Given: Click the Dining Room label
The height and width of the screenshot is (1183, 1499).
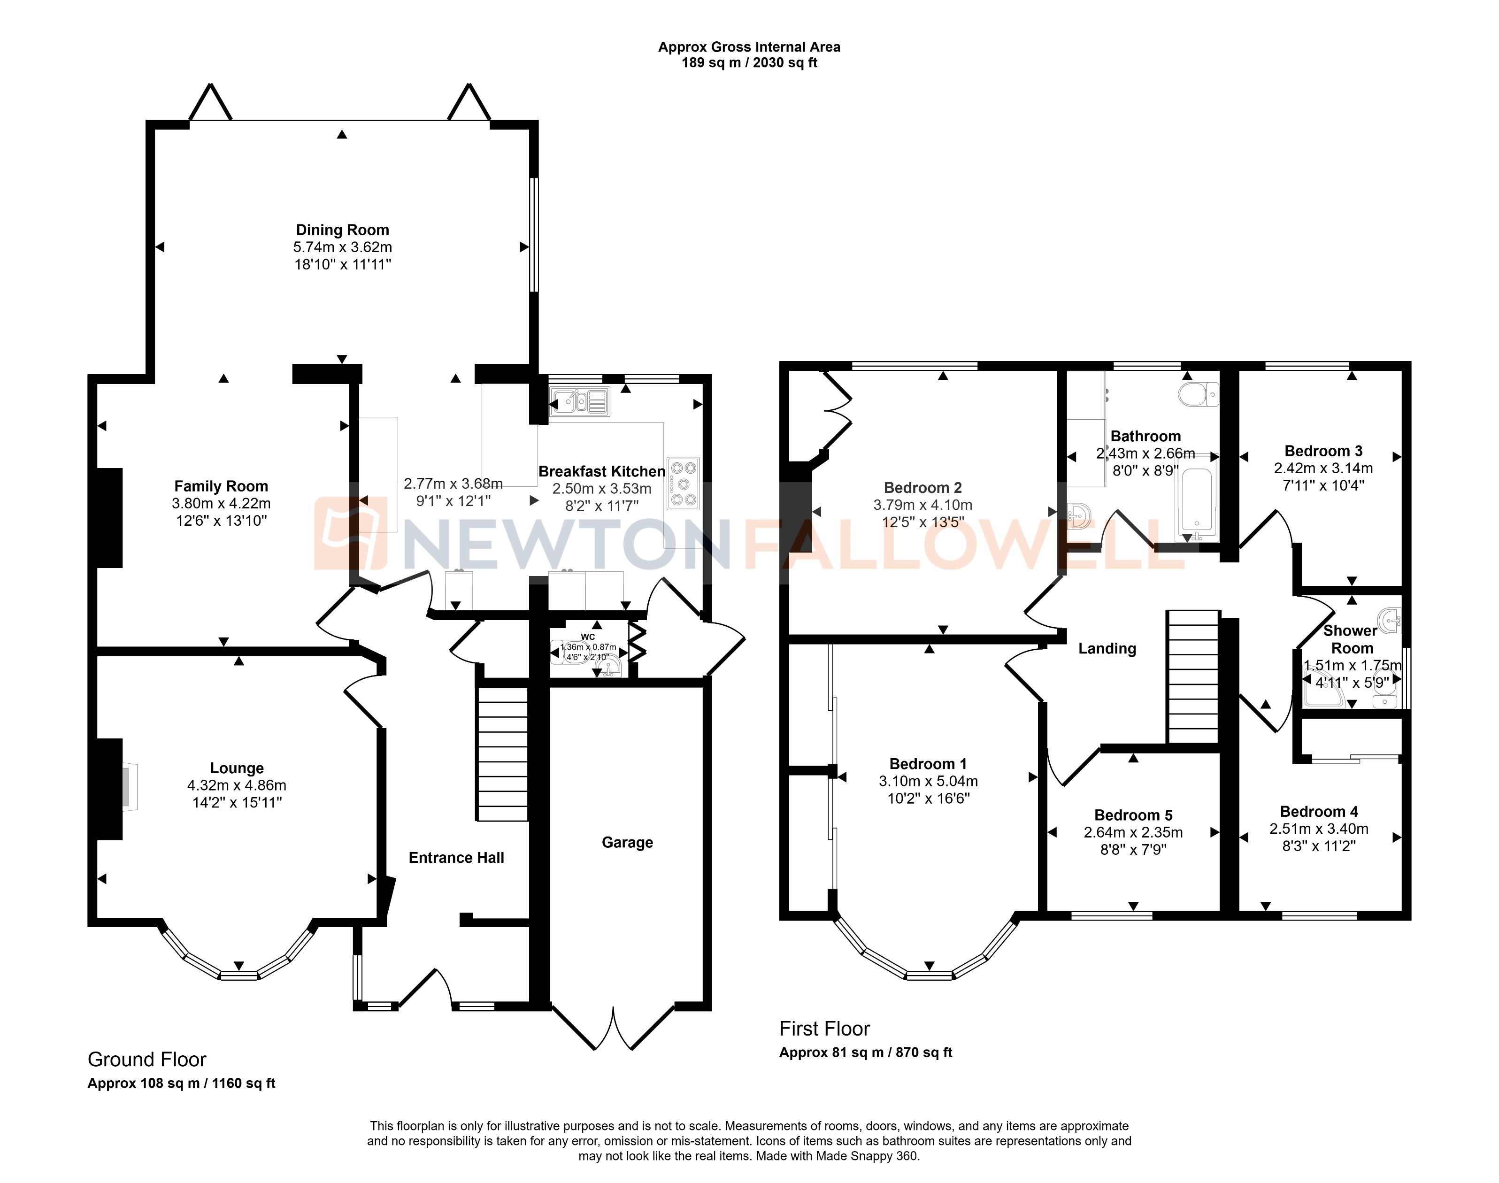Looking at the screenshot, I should pos(342,230).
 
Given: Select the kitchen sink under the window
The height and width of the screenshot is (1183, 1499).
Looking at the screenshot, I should pos(579,401).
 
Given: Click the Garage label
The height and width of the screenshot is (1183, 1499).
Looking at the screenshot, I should pos(627,842).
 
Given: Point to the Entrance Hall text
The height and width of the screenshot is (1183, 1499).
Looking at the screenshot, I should pos(456,858).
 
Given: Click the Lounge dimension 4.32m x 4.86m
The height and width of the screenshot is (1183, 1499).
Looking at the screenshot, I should pos(236,785).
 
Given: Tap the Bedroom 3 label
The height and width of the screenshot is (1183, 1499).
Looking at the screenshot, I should pos(1323,451).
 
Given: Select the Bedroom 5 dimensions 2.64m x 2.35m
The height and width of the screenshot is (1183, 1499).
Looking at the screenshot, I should pos(1133,832).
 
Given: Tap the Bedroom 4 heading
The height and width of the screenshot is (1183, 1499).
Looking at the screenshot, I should pos(1319,811).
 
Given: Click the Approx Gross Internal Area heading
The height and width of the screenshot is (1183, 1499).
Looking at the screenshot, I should pos(749,47).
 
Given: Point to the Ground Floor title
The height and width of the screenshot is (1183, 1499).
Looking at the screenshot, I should pos(147,1059).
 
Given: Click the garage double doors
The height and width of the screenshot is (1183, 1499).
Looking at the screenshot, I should pos(613,1029).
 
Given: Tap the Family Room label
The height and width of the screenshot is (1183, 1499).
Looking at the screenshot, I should pos(221,486).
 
